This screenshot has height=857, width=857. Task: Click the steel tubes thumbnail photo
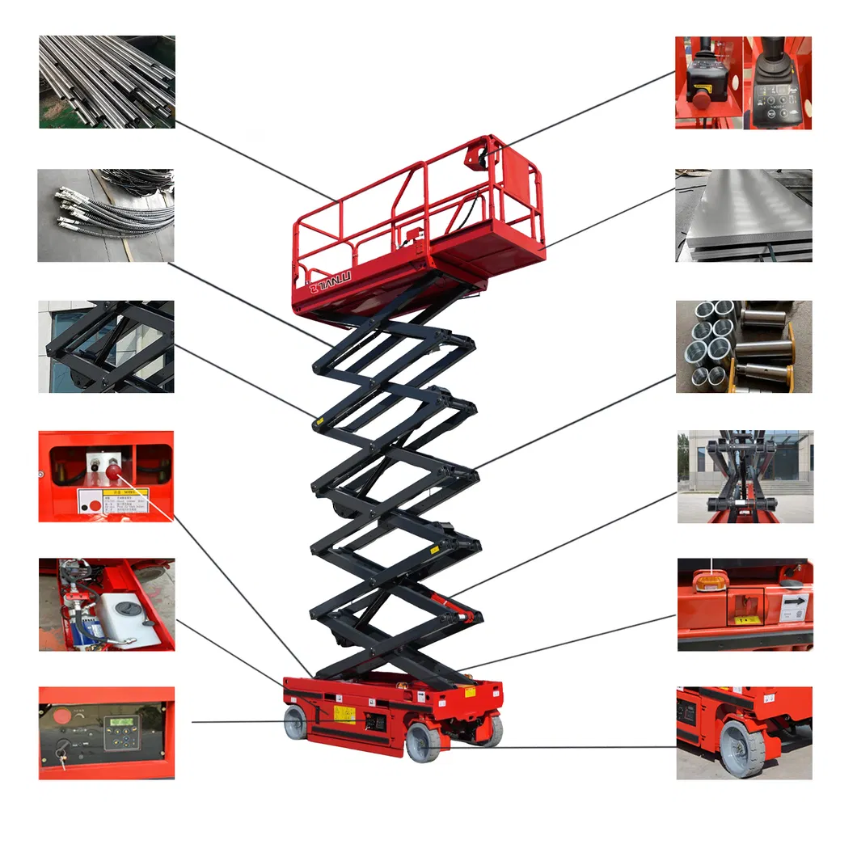pos(106,82)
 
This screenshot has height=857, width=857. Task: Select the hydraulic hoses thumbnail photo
pos(106,215)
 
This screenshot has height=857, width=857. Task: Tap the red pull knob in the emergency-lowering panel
pos(112,471)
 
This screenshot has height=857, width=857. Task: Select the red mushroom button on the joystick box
pos(699,95)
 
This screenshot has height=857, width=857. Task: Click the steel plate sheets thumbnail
pos(744,215)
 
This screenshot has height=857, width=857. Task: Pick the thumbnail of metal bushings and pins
pos(744,347)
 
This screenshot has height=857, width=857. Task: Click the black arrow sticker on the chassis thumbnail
pos(794,602)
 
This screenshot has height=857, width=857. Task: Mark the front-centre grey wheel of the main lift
pos(423,742)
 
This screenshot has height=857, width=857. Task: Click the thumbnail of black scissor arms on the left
pos(106,347)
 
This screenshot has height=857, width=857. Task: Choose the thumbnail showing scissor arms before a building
pos(745,476)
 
